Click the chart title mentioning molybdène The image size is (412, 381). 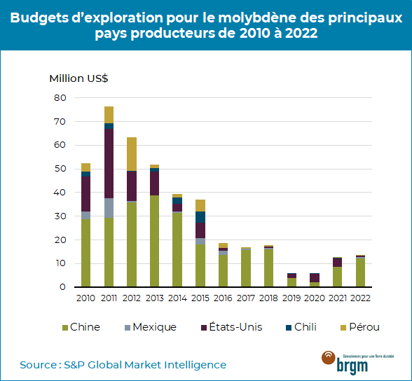[x=206, y=26]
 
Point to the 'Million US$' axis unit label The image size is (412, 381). [x=78, y=78]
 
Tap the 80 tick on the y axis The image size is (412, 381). [x=60, y=97]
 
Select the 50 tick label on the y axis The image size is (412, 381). [x=60, y=169]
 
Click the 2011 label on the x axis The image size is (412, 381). [x=109, y=297]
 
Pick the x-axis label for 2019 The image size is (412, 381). [x=291, y=297]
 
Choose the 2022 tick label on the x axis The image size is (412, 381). [x=360, y=297]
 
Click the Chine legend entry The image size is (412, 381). [x=81, y=327]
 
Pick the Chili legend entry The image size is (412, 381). [x=302, y=327]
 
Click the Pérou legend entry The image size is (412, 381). [x=359, y=327]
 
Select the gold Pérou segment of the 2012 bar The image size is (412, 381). [x=132, y=153]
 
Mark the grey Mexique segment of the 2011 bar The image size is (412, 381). [x=109, y=208]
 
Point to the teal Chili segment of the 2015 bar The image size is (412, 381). [x=200, y=216]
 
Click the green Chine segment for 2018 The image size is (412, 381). [x=269, y=268]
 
